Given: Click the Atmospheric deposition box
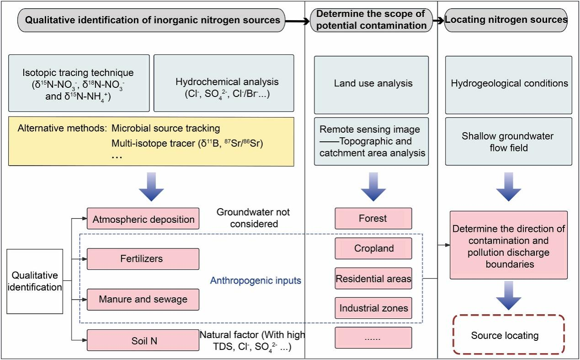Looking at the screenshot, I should pyautogui.click(x=143, y=219).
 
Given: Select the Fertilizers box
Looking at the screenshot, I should pyautogui.click(x=143, y=259).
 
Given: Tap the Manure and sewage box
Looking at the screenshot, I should pyautogui.click(x=143, y=300).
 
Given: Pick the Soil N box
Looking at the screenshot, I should pyautogui.click(x=143, y=340).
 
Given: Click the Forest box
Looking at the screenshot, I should pyautogui.click(x=373, y=218).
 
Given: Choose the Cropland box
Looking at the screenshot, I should pyautogui.click(x=373, y=248).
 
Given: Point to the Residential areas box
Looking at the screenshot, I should pyautogui.click(x=373, y=279).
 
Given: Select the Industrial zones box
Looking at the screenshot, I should pyautogui.click(x=373, y=308).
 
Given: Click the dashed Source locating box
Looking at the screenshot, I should pyautogui.click(x=508, y=335).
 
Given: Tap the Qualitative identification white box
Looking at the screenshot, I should pyautogui.click(x=35, y=281).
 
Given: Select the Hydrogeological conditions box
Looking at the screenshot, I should pyautogui.click(x=508, y=84).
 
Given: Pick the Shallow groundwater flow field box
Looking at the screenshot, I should pyautogui.click(x=508, y=141).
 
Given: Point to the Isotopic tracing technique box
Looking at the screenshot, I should pyautogui.click(x=79, y=83).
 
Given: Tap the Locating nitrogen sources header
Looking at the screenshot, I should pyautogui.click(x=506, y=20).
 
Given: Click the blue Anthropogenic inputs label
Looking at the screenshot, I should pyautogui.click(x=255, y=280).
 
